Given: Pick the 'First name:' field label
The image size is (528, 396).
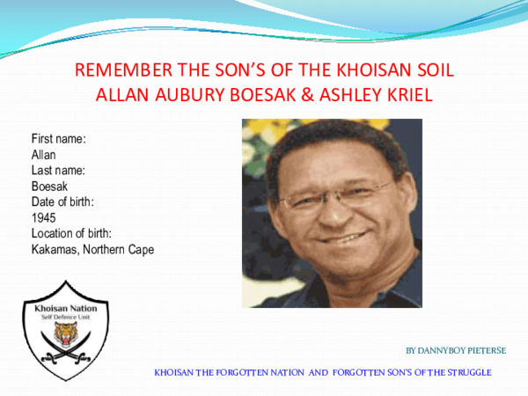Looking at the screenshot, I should point(58,139).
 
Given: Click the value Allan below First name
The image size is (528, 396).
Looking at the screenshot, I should point(43,155).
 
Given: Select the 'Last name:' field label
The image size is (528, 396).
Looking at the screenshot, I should point(57,170).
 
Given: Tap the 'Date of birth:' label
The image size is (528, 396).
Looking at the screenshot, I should point(62,202).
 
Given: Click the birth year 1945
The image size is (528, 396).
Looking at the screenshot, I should point(44,217).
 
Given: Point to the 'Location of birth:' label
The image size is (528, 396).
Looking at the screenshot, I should point(72,233).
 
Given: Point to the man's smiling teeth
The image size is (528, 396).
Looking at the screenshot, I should point(339,235).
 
